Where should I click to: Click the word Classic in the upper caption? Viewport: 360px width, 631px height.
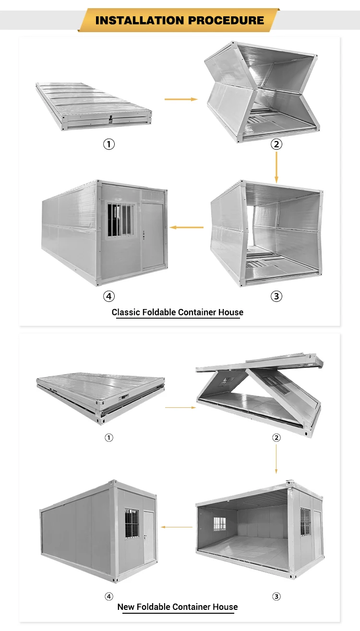tap(126, 312)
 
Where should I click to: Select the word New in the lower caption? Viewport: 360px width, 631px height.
tap(126, 607)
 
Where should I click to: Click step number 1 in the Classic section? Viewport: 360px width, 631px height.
tap(109, 144)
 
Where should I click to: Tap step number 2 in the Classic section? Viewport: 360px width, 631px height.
tap(276, 144)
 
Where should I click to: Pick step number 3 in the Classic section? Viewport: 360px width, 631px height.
tap(276, 296)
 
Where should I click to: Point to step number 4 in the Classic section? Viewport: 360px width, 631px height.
tap(109, 296)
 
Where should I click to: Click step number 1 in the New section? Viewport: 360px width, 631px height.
tap(109, 438)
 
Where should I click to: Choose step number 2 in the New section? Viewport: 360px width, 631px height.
tap(276, 438)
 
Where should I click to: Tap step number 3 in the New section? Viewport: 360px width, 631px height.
tap(276, 596)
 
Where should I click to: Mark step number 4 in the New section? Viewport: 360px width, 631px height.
tap(109, 596)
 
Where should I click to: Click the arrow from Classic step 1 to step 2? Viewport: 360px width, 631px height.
tap(181, 99)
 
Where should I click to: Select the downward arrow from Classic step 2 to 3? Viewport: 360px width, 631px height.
tap(276, 167)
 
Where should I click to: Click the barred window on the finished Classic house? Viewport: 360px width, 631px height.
tap(120, 220)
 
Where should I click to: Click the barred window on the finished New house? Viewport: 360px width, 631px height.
tap(132, 523)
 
